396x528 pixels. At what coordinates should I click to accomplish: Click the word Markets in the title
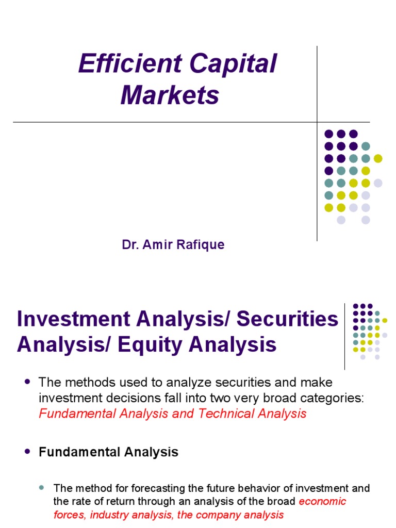click(170, 95)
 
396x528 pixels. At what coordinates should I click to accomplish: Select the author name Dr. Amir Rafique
click(173, 244)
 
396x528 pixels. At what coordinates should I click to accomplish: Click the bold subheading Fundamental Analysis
click(108, 452)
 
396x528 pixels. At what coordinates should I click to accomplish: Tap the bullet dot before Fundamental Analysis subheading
click(27, 451)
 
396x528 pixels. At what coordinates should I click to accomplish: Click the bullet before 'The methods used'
click(27, 382)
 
